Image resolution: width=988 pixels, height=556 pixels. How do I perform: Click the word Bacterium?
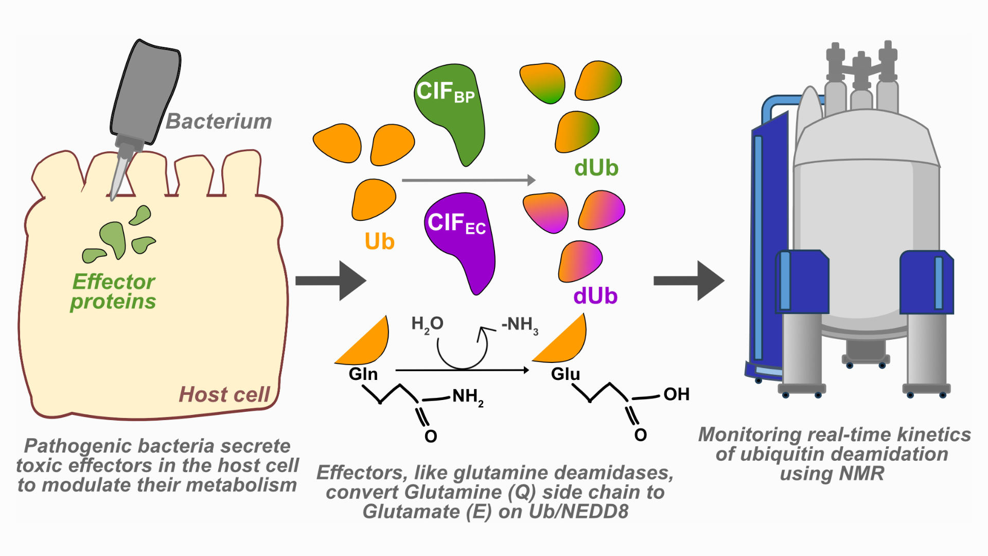click(219, 121)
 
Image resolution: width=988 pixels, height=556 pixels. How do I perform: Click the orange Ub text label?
click(379, 241)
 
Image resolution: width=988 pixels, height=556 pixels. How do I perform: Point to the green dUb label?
click(596, 168)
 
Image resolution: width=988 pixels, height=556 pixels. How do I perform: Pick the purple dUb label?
click(595, 297)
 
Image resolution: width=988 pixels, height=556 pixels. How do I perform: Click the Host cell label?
click(224, 394)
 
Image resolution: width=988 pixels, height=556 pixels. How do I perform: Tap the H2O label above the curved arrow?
click(427, 324)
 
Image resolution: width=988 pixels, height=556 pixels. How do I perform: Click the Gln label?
click(363, 374)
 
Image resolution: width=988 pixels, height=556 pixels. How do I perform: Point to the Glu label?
click(566, 374)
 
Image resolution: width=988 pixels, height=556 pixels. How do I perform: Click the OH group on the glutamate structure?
click(676, 394)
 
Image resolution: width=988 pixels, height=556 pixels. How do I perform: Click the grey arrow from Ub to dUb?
click(468, 180)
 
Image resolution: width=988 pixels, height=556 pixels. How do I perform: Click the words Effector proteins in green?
click(113, 291)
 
